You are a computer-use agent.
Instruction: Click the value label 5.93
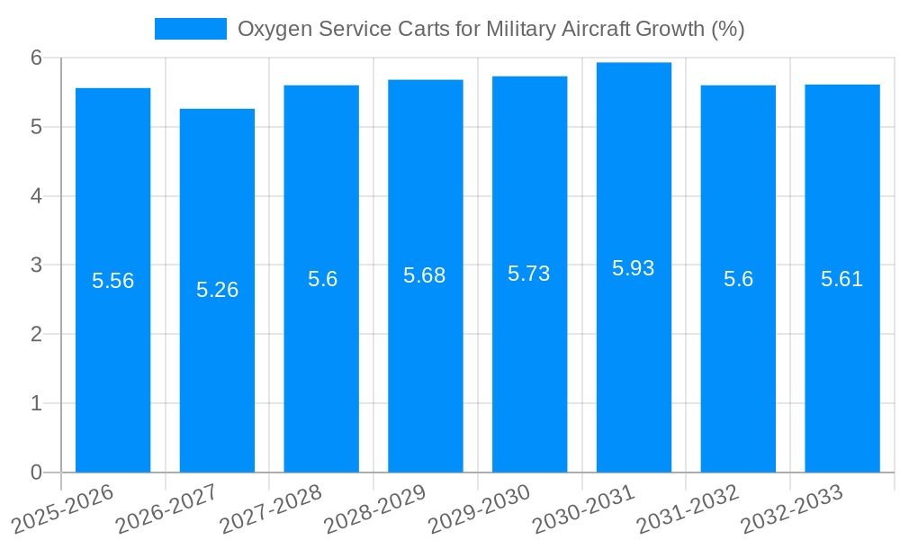click(x=634, y=268)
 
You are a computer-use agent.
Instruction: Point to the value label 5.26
click(x=217, y=290)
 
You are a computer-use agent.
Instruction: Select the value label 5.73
click(x=529, y=274)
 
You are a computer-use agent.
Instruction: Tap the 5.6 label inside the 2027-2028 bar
click(x=322, y=279)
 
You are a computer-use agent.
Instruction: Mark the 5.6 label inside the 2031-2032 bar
click(x=738, y=279)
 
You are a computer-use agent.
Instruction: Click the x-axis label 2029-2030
click(x=479, y=509)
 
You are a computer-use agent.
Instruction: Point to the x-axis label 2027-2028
click(x=270, y=509)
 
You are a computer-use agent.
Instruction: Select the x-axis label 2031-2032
click(x=688, y=509)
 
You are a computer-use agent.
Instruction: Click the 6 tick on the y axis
click(x=36, y=58)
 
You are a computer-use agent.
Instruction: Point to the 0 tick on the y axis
click(x=36, y=472)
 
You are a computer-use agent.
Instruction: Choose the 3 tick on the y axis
click(x=36, y=265)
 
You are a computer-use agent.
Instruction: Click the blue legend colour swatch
click(x=190, y=29)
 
